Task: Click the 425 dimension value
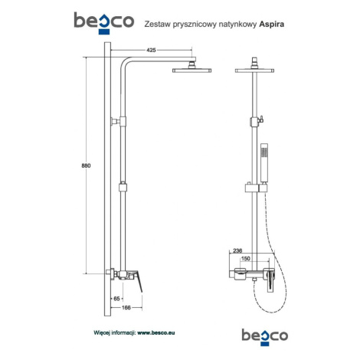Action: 151,50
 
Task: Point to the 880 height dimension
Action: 86,165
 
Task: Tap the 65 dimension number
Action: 116,299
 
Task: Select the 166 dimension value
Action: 126,308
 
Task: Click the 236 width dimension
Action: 237,250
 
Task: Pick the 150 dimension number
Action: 246,259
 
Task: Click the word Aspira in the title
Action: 272,25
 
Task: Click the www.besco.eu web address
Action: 156,332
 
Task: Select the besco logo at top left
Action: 104,22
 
